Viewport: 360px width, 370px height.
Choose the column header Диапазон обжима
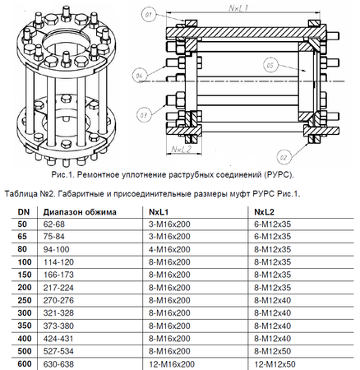[x=81, y=211]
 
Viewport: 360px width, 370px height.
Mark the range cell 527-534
[x=60, y=352]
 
